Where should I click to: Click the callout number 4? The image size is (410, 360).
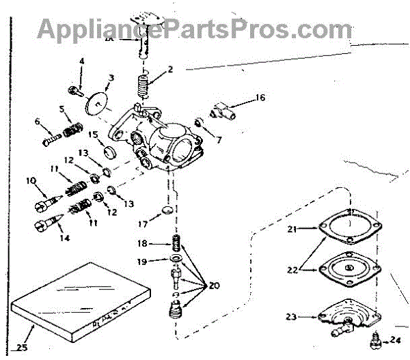(82, 62)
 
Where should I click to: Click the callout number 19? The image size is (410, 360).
(142, 261)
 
